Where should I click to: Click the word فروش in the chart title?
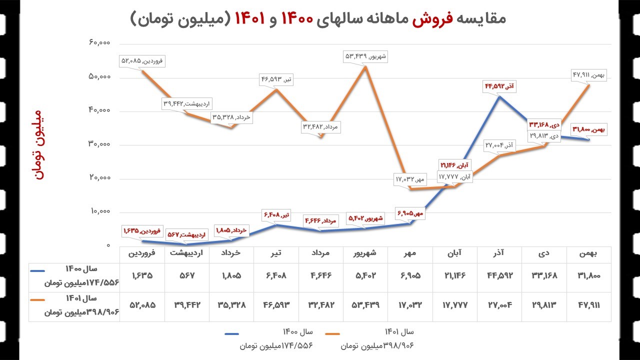pos(429,18)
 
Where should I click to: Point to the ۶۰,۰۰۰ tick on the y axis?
pos(99,43)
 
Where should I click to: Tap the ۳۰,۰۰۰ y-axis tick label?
pos(99,144)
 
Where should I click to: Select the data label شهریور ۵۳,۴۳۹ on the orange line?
pos(365,56)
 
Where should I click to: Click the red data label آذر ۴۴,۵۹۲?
pos(499,86)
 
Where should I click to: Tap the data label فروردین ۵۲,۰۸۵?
pos(142,61)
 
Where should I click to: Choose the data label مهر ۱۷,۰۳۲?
pos(409,178)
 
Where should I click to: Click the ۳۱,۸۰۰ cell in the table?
pos(588,275)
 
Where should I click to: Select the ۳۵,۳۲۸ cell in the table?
pos(231,304)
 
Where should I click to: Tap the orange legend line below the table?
pos(339,333)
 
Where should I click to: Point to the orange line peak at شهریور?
pos(365,66)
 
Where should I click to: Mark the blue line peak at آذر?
pos(499,96)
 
